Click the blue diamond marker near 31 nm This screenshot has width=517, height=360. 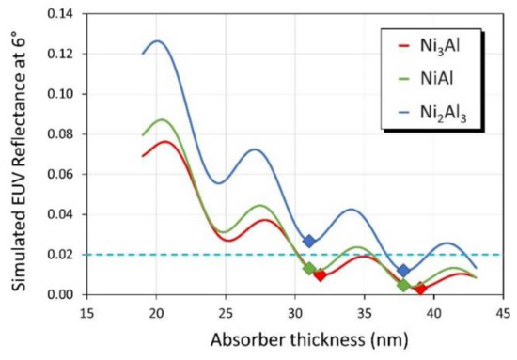tap(309, 242)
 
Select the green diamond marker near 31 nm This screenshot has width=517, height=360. tap(309, 269)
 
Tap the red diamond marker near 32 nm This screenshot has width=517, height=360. tap(320, 275)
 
